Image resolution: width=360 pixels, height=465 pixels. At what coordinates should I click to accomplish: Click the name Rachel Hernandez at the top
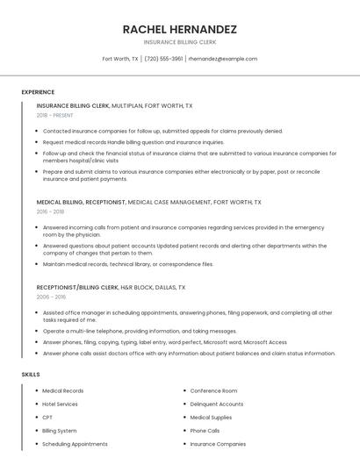[180, 29]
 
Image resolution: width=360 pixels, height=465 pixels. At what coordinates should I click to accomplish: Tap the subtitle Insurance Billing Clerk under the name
[180, 42]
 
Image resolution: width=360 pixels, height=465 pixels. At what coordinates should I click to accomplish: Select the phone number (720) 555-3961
[163, 59]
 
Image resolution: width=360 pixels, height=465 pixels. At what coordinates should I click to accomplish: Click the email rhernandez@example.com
[223, 59]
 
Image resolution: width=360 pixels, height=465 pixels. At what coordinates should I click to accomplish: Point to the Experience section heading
[38, 92]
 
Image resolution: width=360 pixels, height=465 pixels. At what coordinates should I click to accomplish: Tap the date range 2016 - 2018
[50, 211]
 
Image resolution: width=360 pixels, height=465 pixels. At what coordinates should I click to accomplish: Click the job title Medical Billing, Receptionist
[81, 202]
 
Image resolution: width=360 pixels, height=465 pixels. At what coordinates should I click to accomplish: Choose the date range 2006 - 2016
[50, 297]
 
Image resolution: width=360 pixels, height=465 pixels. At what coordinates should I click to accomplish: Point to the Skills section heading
[31, 375]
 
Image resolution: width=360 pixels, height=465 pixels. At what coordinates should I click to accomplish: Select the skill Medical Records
[63, 390]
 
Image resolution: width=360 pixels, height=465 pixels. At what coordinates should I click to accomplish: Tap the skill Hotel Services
[61, 404]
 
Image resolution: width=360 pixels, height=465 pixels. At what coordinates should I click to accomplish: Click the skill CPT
[47, 418]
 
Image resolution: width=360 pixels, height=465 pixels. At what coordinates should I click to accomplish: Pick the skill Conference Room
[213, 390]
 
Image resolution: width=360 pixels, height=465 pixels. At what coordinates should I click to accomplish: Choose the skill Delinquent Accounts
[217, 404]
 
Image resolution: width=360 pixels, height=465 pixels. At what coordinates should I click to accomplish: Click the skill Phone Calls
[205, 431]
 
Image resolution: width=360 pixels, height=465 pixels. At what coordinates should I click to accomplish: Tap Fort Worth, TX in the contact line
[120, 59]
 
